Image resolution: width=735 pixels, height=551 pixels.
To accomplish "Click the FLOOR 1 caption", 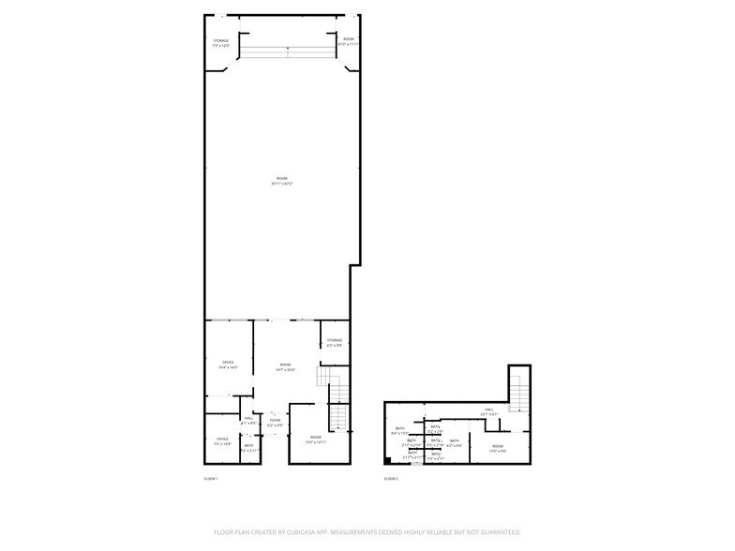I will click(x=210, y=479).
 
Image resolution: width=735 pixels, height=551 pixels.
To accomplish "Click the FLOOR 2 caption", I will click(x=390, y=479).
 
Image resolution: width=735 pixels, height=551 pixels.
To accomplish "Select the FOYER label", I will click(x=276, y=421).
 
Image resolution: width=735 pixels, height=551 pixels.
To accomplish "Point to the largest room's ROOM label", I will click(x=282, y=179).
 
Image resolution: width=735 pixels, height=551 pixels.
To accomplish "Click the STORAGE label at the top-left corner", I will click(x=220, y=41).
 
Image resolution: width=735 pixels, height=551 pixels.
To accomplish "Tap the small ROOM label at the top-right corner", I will click(x=349, y=39).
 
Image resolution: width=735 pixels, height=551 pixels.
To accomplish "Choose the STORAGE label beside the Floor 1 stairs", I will click(x=335, y=340).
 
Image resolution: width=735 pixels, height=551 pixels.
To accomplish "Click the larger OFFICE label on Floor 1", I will click(x=227, y=362).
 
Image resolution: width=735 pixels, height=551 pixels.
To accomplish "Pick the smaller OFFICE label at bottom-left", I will click(x=222, y=439).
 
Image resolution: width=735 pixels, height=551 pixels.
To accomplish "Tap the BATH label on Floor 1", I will click(x=248, y=445).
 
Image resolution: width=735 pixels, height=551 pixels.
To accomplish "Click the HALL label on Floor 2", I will click(x=488, y=410).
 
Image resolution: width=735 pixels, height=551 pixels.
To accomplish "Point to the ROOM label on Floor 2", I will click(x=497, y=446).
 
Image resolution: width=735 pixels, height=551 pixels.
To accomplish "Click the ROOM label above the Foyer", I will click(x=284, y=365).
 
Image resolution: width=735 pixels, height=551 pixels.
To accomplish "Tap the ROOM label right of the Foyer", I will click(x=316, y=438).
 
